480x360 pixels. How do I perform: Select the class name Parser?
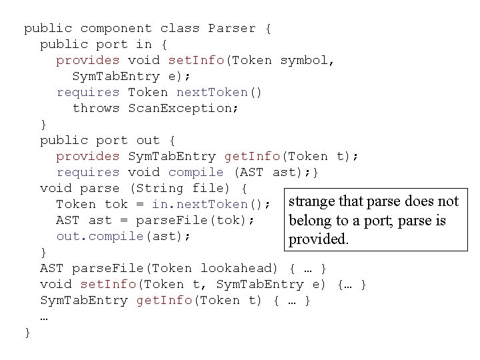coord(232,29)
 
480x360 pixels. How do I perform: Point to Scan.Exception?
coord(183,109)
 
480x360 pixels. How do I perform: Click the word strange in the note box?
coord(312,202)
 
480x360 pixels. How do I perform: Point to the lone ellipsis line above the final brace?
coord(44,317)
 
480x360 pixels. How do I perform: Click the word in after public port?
coord(144,45)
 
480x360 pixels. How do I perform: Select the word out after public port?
coord(148,141)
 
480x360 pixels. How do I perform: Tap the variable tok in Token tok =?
coord(116,205)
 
